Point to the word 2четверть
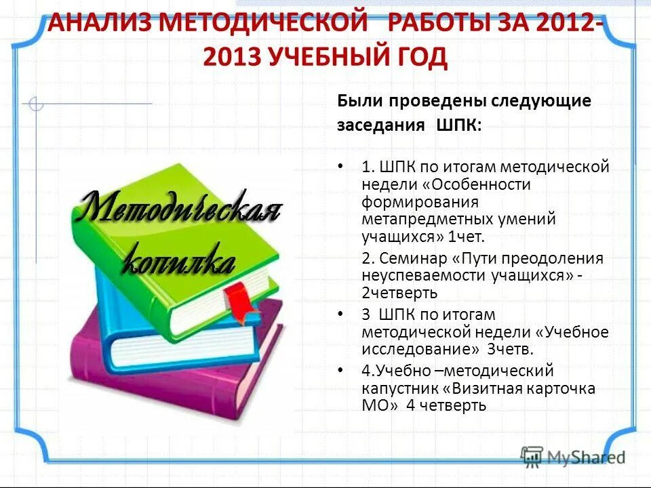[x=399, y=293]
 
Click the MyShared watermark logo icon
[x=532, y=457]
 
